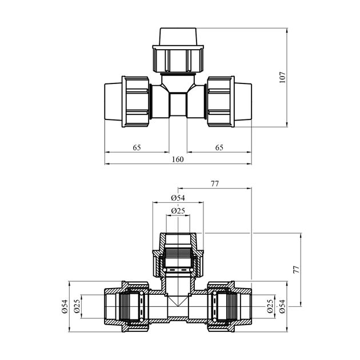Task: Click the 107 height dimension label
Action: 282,77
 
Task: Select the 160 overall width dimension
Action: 178,159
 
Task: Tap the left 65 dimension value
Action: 137,147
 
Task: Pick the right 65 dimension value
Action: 219,147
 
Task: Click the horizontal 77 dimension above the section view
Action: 215,183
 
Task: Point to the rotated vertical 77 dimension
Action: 297,270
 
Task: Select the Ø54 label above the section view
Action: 178,198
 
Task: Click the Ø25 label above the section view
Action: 178,211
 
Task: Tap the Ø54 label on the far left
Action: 65,306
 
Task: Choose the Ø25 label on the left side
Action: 77,306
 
